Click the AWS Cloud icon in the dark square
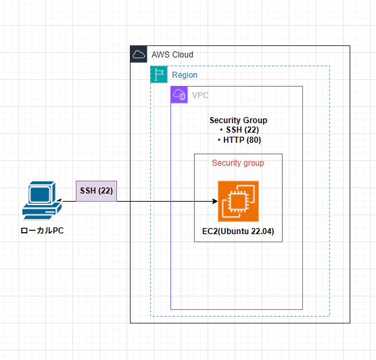point(139,54)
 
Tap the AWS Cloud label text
point(172,55)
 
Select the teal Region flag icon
point(159,74)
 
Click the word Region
point(185,75)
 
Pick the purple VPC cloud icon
point(179,95)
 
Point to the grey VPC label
point(200,95)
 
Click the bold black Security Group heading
point(238,120)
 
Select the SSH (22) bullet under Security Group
point(239,130)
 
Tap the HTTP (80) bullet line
point(239,139)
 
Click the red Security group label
point(238,163)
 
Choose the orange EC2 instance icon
point(238,202)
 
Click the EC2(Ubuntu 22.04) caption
point(238,231)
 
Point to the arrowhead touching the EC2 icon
point(215,201)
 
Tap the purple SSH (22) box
point(97,191)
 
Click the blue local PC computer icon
point(42,200)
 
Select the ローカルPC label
point(42,231)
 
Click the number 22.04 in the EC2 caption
point(262,231)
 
